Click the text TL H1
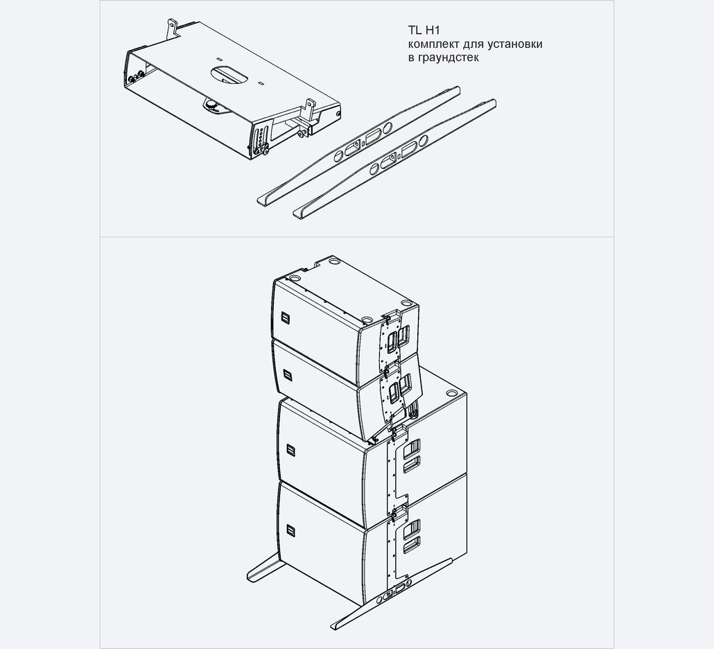point(424,30)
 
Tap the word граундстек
point(448,58)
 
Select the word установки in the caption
point(514,44)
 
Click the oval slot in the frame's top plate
point(229,74)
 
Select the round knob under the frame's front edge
point(211,105)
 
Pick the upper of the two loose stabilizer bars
point(359,145)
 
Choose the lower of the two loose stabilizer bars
point(394,159)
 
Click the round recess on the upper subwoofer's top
point(451,393)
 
